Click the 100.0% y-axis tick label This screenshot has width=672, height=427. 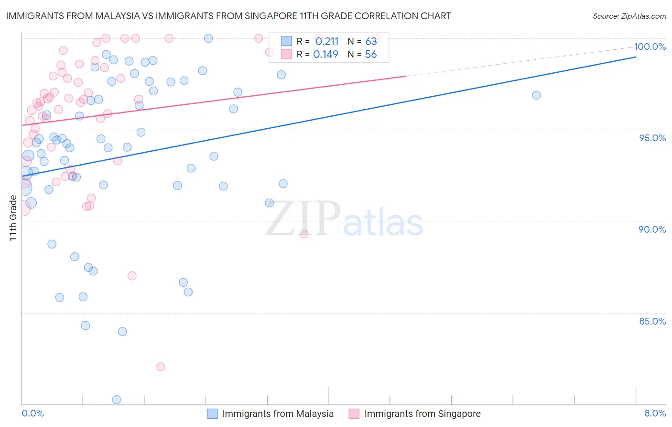coord(650,46)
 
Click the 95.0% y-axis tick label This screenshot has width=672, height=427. coord(652,138)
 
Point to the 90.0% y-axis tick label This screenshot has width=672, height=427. coord(652,229)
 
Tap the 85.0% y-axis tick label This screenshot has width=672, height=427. coord(652,321)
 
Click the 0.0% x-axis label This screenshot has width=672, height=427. coord(33,414)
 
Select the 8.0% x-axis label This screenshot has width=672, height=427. coord(655,414)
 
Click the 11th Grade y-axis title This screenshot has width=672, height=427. coord(13,218)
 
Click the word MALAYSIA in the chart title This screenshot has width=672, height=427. coord(116,16)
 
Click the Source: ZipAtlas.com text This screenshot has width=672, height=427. coord(629,16)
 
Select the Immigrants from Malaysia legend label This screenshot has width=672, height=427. coord(278,414)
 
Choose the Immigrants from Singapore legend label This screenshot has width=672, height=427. coord(422,414)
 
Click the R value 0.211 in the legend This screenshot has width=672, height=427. coord(327,42)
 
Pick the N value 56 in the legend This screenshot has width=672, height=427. coord(371,55)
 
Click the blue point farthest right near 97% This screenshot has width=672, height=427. coord(536,95)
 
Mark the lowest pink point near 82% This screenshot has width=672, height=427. coord(161,367)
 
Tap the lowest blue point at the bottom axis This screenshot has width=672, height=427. coord(116,400)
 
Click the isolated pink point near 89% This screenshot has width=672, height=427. coord(304,234)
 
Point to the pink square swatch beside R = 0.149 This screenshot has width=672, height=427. coord(286,55)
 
